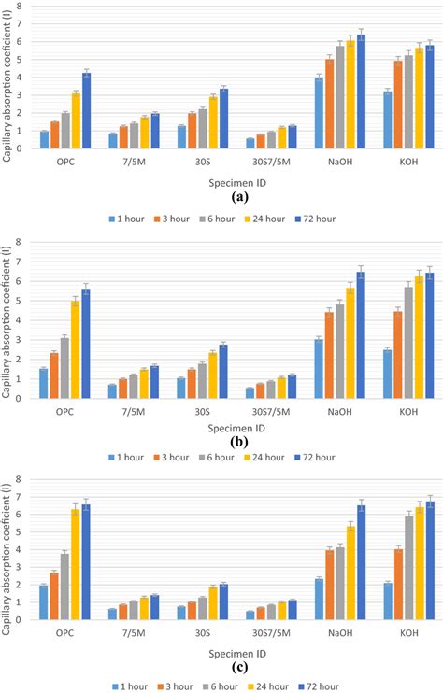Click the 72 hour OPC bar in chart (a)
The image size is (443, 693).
click(x=86, y=110)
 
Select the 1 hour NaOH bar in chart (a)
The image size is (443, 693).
click(x=319, y=113)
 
